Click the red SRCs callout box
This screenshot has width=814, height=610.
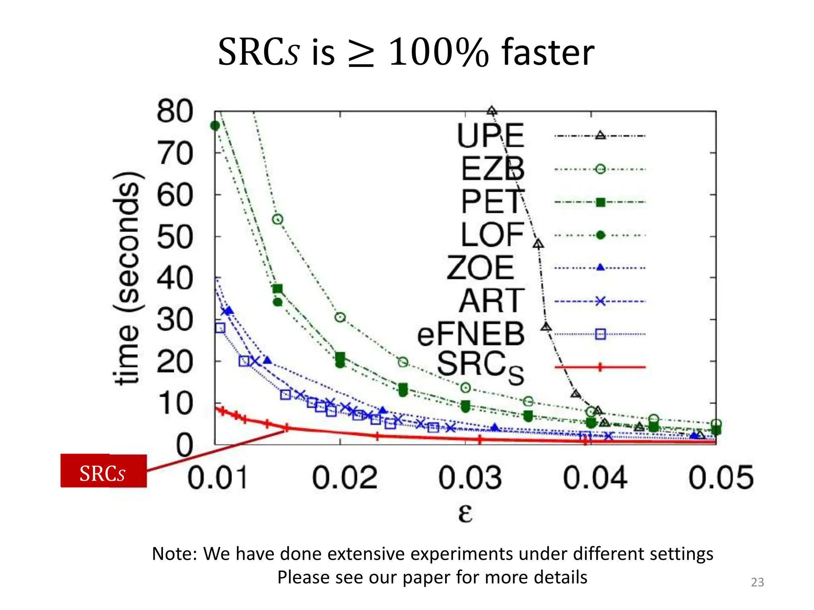[103, 471]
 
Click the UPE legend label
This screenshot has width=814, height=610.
[490, 136]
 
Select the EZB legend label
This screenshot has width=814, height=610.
[492, 169]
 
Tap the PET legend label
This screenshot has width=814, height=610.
[492, 202]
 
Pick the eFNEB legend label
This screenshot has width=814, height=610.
[471, 334]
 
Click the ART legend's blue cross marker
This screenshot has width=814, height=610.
[600, 301]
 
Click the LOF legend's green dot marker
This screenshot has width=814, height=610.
[600, 236]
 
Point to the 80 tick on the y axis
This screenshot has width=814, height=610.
[175, 111]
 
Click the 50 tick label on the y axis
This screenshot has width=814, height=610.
[175, 237]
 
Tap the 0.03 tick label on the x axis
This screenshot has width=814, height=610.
[470, 478]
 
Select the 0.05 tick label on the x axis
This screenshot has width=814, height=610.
[721, 478]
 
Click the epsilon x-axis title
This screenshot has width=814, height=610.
[465, 513]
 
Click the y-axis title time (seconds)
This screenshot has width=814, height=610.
[126, 278]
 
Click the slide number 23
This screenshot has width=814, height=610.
[757, 582]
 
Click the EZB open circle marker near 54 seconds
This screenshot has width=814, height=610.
[277, 219]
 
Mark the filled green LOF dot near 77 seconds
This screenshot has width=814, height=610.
[215, 126]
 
